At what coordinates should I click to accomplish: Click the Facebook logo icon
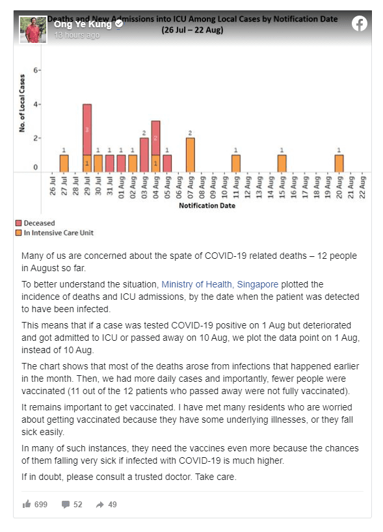point(359,24)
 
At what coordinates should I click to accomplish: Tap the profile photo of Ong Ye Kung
point(33,29)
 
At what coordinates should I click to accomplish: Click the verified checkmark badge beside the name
point(119,24)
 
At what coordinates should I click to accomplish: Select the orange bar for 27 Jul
point(64,163)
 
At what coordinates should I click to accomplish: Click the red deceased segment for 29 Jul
point(87,129)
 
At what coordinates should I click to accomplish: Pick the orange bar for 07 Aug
point(191,155)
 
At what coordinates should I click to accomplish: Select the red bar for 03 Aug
point(144,155)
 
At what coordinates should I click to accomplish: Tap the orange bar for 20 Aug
point(339,163)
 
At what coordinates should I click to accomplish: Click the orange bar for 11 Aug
point(236,163)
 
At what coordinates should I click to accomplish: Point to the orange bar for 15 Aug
point(282,163)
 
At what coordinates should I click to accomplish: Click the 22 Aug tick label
point(362,187)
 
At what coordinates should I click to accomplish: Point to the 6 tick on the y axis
point(36,70)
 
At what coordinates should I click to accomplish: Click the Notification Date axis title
point(207,206)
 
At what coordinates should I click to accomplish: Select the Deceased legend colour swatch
point(19,223)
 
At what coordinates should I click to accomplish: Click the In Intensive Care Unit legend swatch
point(19,233)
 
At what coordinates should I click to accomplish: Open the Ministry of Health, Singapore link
point(220,284)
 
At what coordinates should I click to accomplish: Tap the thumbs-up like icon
point(27,504)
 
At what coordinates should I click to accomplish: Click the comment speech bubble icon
point(66,505)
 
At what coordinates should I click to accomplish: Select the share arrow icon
point(99,505)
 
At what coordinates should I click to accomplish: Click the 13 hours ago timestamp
point(77,35)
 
